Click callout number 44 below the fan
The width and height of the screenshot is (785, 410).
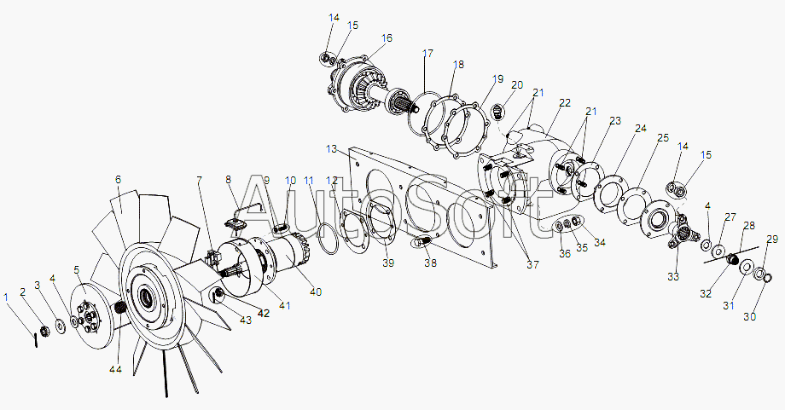116,369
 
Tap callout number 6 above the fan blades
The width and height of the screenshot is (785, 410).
118,180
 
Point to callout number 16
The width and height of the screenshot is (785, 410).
387,38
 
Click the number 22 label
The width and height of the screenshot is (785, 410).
565,103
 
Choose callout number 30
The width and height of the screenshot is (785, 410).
749,316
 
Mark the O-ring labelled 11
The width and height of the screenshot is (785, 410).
328,232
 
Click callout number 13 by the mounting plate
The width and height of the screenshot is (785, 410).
332,149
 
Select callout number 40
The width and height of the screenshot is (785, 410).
316,292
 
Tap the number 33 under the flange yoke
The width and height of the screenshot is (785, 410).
673,276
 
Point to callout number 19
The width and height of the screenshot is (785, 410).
497,79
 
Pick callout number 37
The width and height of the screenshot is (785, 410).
532,264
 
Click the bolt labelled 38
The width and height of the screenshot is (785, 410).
423,242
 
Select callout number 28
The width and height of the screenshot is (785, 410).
749,226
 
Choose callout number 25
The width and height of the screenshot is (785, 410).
663,137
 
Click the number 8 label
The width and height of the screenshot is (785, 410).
229,180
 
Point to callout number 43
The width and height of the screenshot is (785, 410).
246,320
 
